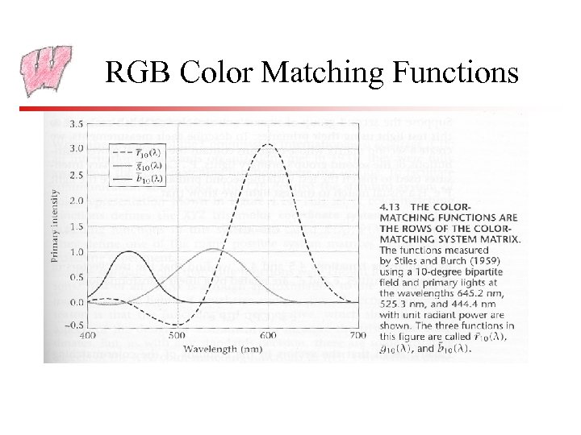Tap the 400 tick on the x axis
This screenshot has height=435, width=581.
point(89,336)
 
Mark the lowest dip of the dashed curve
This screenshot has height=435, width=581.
point(179,325)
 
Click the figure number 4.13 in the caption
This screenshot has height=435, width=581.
point(391,205)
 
